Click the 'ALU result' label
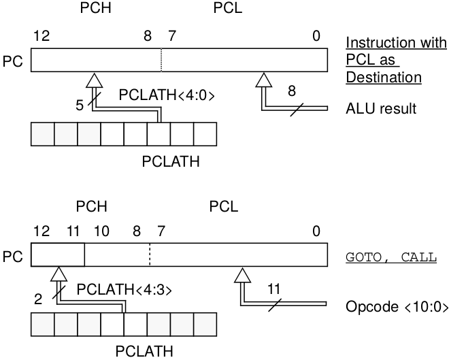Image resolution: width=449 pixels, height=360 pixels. click(x=381, y=108)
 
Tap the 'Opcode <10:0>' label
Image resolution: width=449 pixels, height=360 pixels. click(x=397, y=307)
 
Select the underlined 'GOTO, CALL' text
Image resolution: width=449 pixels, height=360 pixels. click(x=391, y=257)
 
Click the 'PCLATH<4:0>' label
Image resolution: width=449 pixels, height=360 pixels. click(x=167, y=95)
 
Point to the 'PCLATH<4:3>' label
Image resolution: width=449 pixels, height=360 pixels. click(x=124, y=289)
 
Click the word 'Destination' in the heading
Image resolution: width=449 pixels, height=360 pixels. click(x=384, y=78)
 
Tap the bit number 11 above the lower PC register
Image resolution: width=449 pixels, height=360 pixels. click(x=73, y=231)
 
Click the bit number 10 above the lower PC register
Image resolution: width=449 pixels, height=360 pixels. click(x=101, y=231)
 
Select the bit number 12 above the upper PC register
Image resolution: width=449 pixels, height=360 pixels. click(x=41, y=36)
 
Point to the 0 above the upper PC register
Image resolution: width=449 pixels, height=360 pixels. click(x=316, y=36)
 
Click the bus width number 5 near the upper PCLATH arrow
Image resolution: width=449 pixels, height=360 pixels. click(x=80, y=105)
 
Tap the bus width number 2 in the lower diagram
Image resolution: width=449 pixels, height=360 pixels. click(x=38, y=299)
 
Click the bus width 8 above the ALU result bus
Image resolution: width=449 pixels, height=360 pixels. click(x=291, y=91)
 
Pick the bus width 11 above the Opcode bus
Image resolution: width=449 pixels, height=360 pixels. click(x=273, y=289)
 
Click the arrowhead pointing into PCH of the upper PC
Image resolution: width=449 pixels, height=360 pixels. click(x=94, y=80)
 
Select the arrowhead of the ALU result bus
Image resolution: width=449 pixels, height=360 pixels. click(x=263, y=80)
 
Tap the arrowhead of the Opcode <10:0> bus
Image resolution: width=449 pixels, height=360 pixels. click(x=243, y=275)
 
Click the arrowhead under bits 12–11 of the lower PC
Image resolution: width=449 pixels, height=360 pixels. click(x=59, y=274)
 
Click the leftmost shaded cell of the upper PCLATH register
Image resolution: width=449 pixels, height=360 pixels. click(x=43, y=134)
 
